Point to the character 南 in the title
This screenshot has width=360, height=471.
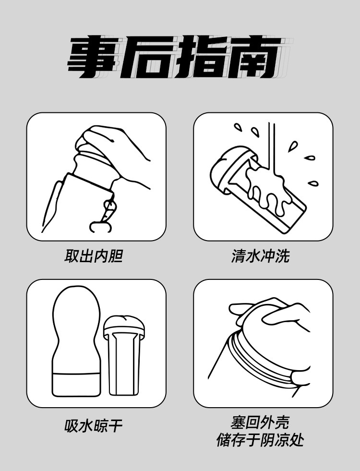[x=254, y=57]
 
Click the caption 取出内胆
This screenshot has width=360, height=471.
[x=94, y=256]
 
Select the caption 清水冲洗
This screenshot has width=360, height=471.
[x=260, y=256]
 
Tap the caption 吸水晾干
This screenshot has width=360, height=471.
[x=94, y=426]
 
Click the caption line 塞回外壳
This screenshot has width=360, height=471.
[x=260, y=423]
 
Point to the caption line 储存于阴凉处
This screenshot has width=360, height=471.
[x=260, y=440]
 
